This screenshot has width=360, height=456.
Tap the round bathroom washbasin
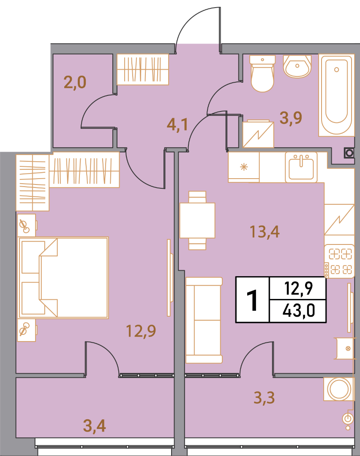tap(297, 67)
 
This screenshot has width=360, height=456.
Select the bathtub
tap(336, 95)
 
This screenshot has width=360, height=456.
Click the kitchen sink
tap(301, 167)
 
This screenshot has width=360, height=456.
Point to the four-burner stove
tap(339, 261)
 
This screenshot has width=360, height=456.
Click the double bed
tap(63, 278)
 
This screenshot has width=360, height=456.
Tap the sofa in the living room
tap(204, 320)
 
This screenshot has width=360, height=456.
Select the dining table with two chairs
tap(197, 220)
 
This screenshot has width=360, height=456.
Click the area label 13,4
tap(265, 232)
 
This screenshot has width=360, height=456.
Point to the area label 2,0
tap(75, 82)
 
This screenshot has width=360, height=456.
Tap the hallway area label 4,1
tap(177, 125)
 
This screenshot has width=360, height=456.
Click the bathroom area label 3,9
tap(291, 118)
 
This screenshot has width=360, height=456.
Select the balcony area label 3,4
tap(94, 426)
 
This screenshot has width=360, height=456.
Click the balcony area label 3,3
tap(264, 398)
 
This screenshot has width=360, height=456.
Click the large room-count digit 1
tap(252, 300)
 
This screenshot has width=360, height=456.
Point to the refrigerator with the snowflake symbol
tap(243, 167)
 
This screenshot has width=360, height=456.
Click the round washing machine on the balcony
tap(339, 389)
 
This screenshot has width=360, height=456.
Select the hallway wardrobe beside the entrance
tap(142, 69)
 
